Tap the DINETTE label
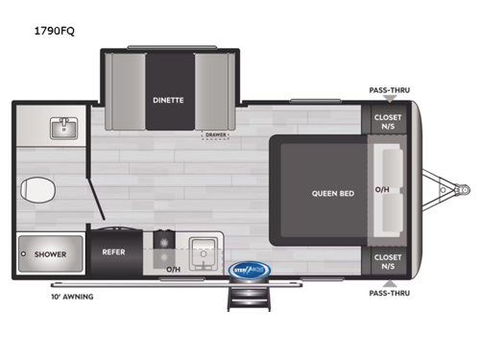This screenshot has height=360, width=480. click(169, 98)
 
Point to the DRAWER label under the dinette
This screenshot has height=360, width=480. click(215, 135)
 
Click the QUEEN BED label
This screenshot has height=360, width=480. click(332, 193)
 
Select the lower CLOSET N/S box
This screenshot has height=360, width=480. click(388, 260)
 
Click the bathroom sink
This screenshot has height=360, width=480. click(64, 127)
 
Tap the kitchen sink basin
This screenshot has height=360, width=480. click(204, 252)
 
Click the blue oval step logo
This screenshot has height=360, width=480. click(252, 271)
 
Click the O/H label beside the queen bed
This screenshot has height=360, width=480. click(382, 190)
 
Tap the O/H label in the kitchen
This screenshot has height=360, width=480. click(174, 270)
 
